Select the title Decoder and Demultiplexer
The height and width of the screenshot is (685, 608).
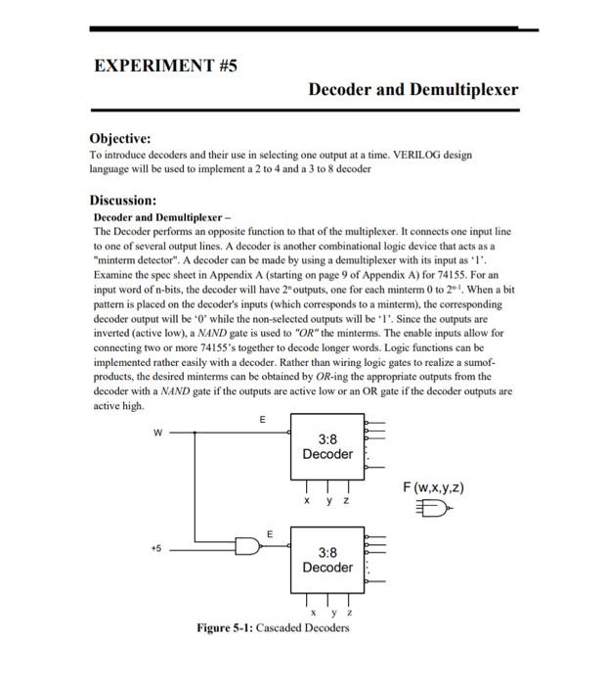tap(413, 90)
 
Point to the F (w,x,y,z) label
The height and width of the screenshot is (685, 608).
tap(439, 486)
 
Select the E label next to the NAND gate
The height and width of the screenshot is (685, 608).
tap(271, 532)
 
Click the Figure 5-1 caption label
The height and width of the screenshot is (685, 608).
tap(224, 627)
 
